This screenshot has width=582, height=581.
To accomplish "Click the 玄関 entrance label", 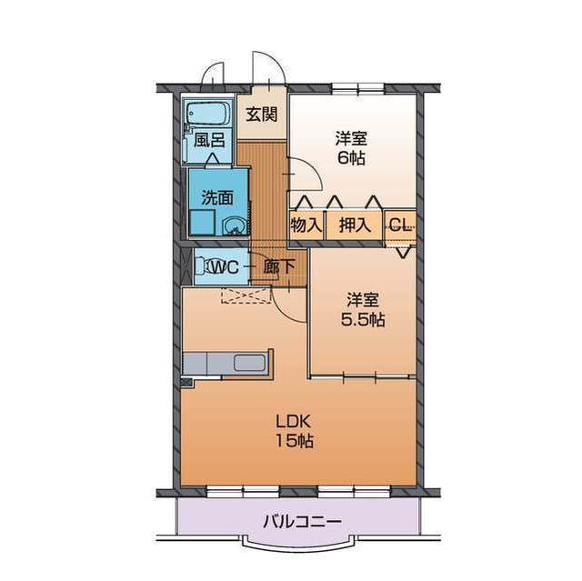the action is (262, 114).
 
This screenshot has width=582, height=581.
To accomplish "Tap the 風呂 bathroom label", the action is (209, 140).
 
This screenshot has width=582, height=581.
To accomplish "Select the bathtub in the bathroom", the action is (207, 114).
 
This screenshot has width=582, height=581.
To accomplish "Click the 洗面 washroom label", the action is (217, 197).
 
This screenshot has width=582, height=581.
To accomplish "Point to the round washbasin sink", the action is (234, 225).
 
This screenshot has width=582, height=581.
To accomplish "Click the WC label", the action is (225, 266).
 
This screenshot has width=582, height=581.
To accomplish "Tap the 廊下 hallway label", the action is (279, 266).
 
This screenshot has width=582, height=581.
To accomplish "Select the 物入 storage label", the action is (306, 225).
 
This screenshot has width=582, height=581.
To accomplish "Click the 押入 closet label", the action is (356, 225).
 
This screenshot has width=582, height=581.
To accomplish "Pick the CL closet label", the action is (400, 224).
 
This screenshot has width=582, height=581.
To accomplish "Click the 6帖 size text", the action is (351, 158).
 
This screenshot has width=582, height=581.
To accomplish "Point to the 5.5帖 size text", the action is (363, 319).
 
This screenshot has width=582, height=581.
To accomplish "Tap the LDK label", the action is (293, 422).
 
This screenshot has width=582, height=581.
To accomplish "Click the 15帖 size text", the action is (295, 441).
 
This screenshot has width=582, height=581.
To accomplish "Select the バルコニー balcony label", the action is (302, 522).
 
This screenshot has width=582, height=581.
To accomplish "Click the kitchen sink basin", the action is (250, 363).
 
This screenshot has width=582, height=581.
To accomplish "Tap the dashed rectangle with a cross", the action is (246, 296).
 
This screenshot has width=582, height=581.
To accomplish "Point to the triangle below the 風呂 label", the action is (212, 158).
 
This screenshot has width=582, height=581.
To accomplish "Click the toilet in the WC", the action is (204, 266).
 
